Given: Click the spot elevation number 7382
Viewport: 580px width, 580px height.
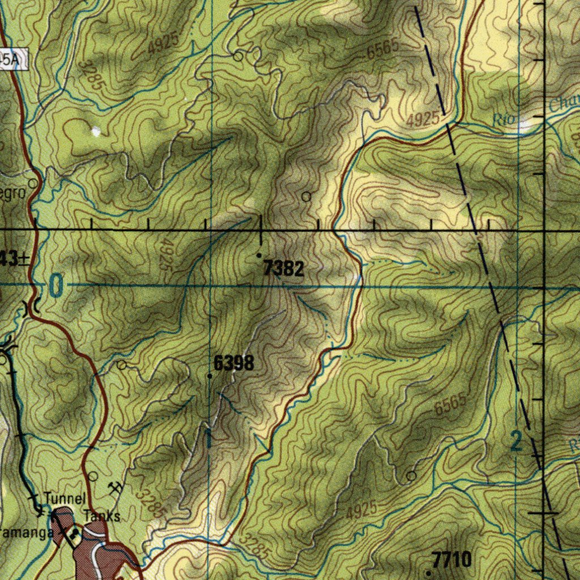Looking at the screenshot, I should click(283, 270).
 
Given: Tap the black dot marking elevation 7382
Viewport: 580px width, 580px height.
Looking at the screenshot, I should click(259, 255).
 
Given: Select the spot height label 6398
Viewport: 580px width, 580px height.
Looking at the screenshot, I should click(233, 363).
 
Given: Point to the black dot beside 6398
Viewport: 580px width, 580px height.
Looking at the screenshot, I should click(210, 376).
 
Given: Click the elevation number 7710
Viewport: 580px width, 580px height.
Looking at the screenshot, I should click(451, 560).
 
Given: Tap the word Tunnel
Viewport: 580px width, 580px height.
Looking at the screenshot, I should click(65, 499).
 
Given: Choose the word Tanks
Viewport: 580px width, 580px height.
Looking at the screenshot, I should click(102, 516).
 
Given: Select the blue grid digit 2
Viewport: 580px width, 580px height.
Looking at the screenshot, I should click(516, 441).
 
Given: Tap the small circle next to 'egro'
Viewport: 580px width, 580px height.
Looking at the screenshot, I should click(33, 184).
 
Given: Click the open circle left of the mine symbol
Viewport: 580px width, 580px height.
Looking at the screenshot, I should click(93, 476).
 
